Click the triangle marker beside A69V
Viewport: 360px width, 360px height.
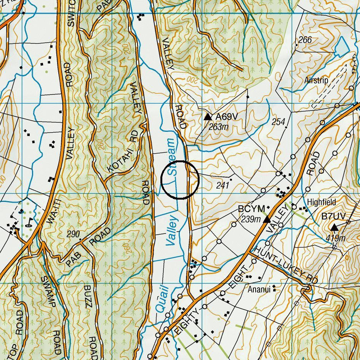[208, 117]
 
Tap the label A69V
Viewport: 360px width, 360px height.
[229, 117]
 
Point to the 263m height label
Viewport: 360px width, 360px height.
[219, 127]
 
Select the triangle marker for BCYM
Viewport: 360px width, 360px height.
[267, 219]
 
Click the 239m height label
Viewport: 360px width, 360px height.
[251, 219]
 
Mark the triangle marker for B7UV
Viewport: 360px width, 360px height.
[334, 228]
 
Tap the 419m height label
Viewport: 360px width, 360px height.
[336, 238]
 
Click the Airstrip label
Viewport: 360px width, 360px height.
[316, 81]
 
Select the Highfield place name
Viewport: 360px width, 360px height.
[322, 202]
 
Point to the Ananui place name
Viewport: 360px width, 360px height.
[259, 290]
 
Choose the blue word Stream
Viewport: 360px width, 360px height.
[171, 157]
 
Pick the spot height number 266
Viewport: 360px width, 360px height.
[305, 40]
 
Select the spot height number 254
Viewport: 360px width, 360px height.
[278, 122]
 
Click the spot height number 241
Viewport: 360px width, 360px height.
[222, 186]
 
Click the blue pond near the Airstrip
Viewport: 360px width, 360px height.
[341, 48]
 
